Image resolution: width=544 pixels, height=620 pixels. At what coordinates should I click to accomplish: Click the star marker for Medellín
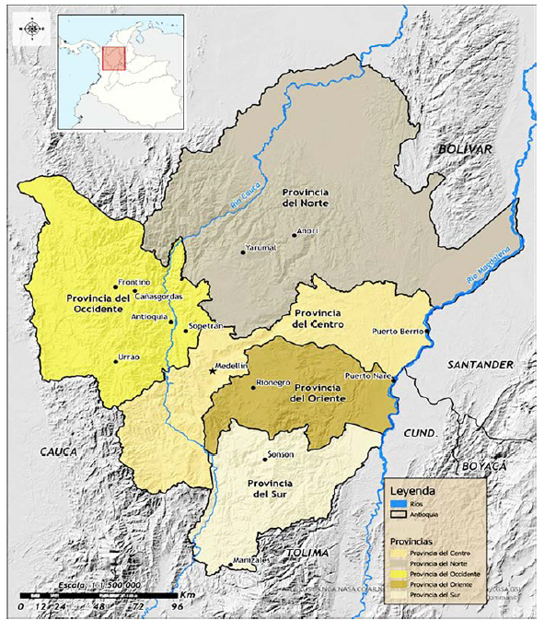[213, 369]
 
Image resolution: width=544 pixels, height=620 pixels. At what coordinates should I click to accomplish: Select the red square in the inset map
[114, 58]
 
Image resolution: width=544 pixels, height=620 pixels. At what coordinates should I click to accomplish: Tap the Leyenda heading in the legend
[414, 491]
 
